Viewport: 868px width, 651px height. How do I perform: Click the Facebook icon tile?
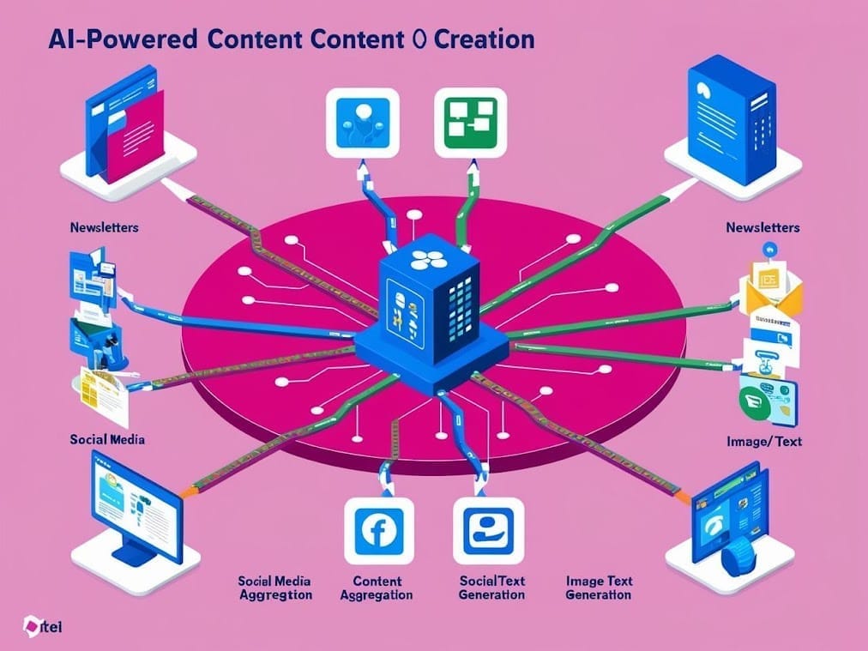(378, 532)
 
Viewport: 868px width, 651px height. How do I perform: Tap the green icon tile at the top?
(470, 122)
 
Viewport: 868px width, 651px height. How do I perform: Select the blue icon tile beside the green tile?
(362, 122)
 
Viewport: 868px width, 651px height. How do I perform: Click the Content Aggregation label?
(377, 588)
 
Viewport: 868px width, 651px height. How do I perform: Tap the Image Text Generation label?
(599, 588)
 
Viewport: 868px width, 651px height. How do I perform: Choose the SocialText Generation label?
(491, 588)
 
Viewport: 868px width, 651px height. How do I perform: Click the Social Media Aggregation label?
(274, 588)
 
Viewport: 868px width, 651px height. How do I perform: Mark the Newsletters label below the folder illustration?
(104, 228)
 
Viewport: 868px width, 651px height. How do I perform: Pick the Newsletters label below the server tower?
(762, 227)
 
